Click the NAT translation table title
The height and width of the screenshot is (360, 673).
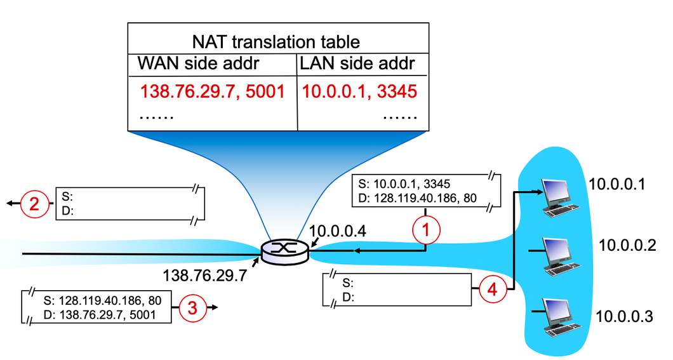coord(276,43)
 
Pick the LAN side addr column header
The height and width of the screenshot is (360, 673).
coord(357,64)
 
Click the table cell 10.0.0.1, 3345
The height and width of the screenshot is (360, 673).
coord(359,92)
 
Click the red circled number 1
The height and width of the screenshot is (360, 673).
coord(426,232)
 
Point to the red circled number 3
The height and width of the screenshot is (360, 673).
coord(192,308)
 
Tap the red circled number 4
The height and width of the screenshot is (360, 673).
coord(493,289)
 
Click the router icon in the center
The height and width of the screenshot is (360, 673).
coord(285,251)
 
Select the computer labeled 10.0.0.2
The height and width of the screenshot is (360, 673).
coord(559,254)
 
